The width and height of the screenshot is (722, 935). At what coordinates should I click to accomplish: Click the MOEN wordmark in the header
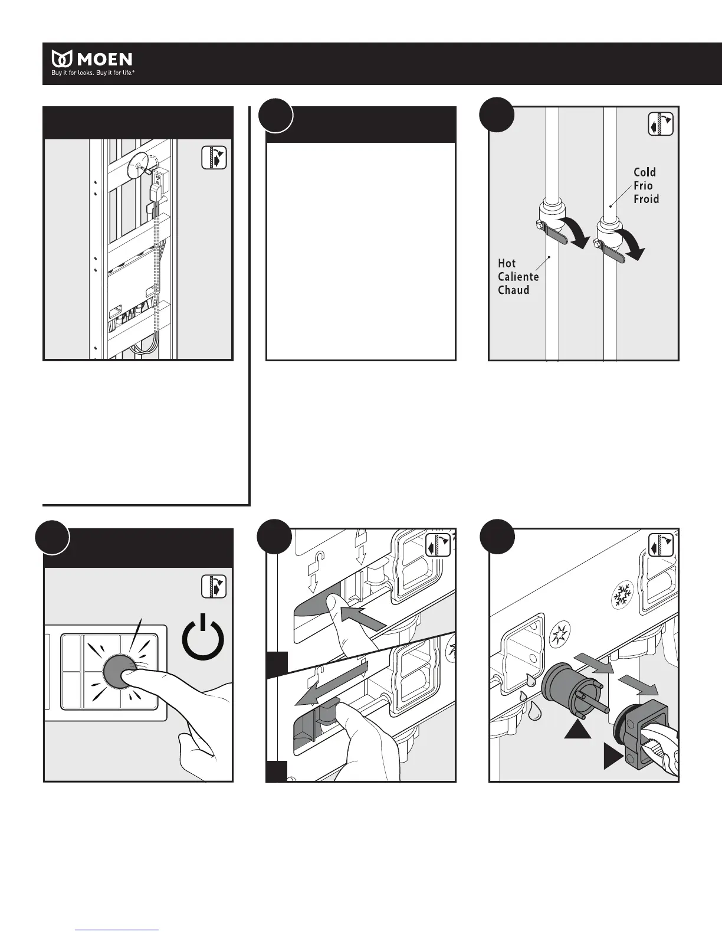(102, 59)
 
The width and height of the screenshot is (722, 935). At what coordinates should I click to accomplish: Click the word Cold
(645, 172)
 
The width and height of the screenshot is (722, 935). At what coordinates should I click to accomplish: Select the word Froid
(646, 199)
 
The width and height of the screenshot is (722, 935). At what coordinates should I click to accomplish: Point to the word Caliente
(518, 277)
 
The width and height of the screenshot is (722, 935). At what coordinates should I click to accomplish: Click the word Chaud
(513, 290)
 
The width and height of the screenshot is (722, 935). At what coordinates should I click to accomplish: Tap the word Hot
(507, 263)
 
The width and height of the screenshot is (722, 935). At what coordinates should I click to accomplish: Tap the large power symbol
(203, 637)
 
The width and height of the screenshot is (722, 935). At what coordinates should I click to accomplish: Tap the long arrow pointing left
(330, 685)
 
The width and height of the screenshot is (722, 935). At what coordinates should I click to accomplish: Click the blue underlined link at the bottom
(117, 930)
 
